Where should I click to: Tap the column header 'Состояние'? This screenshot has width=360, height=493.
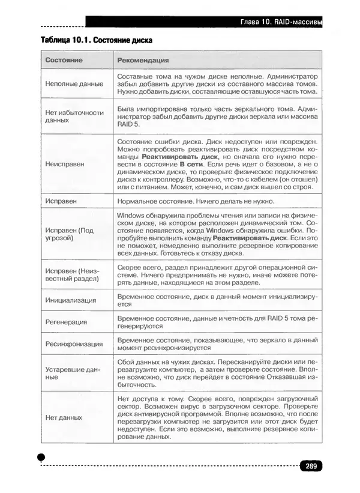64,61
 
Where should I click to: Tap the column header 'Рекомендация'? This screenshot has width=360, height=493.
143,61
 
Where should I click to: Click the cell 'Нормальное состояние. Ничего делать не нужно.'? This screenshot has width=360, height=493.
196,201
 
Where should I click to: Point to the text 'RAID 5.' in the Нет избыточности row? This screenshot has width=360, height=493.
128,124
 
